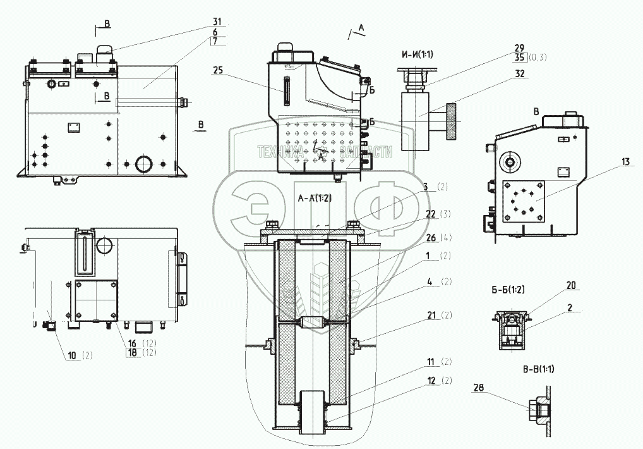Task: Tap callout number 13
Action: pyautogui.click(x=624, y=163)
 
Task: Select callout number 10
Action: pyautogui.click(x=74, y=355)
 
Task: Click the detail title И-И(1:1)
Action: pyautogui.click(x=415, y=54)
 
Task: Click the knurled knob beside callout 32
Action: pyautogui.click(x=451, y=121)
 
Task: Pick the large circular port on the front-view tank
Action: pyautogui.click(x=143, y=163)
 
